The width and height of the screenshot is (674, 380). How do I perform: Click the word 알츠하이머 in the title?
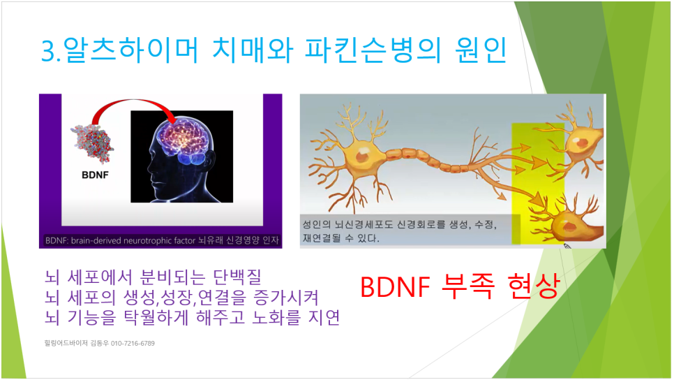131,50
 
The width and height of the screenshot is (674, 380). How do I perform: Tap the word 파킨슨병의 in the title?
373,50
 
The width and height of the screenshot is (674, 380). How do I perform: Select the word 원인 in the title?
481,50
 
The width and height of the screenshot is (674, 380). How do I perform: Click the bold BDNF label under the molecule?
95,175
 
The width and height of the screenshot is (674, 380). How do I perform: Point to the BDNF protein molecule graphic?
92,144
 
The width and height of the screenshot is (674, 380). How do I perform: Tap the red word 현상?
533,286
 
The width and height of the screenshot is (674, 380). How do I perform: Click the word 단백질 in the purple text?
238,277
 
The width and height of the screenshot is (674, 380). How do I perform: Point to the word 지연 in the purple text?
324,318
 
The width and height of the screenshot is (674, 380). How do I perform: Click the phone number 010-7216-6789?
133,343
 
